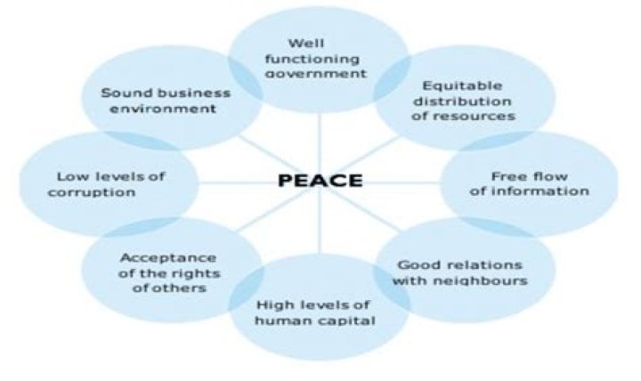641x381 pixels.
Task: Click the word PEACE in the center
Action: [320, 181]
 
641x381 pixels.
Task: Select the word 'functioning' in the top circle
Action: [312, 60]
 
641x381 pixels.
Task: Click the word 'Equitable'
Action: [462, 85]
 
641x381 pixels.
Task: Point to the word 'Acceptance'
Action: [168, 258]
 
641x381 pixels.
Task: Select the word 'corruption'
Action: [92, 192]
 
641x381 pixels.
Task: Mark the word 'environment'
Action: [163, 109]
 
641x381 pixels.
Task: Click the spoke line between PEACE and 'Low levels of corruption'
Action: [238, 182]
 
